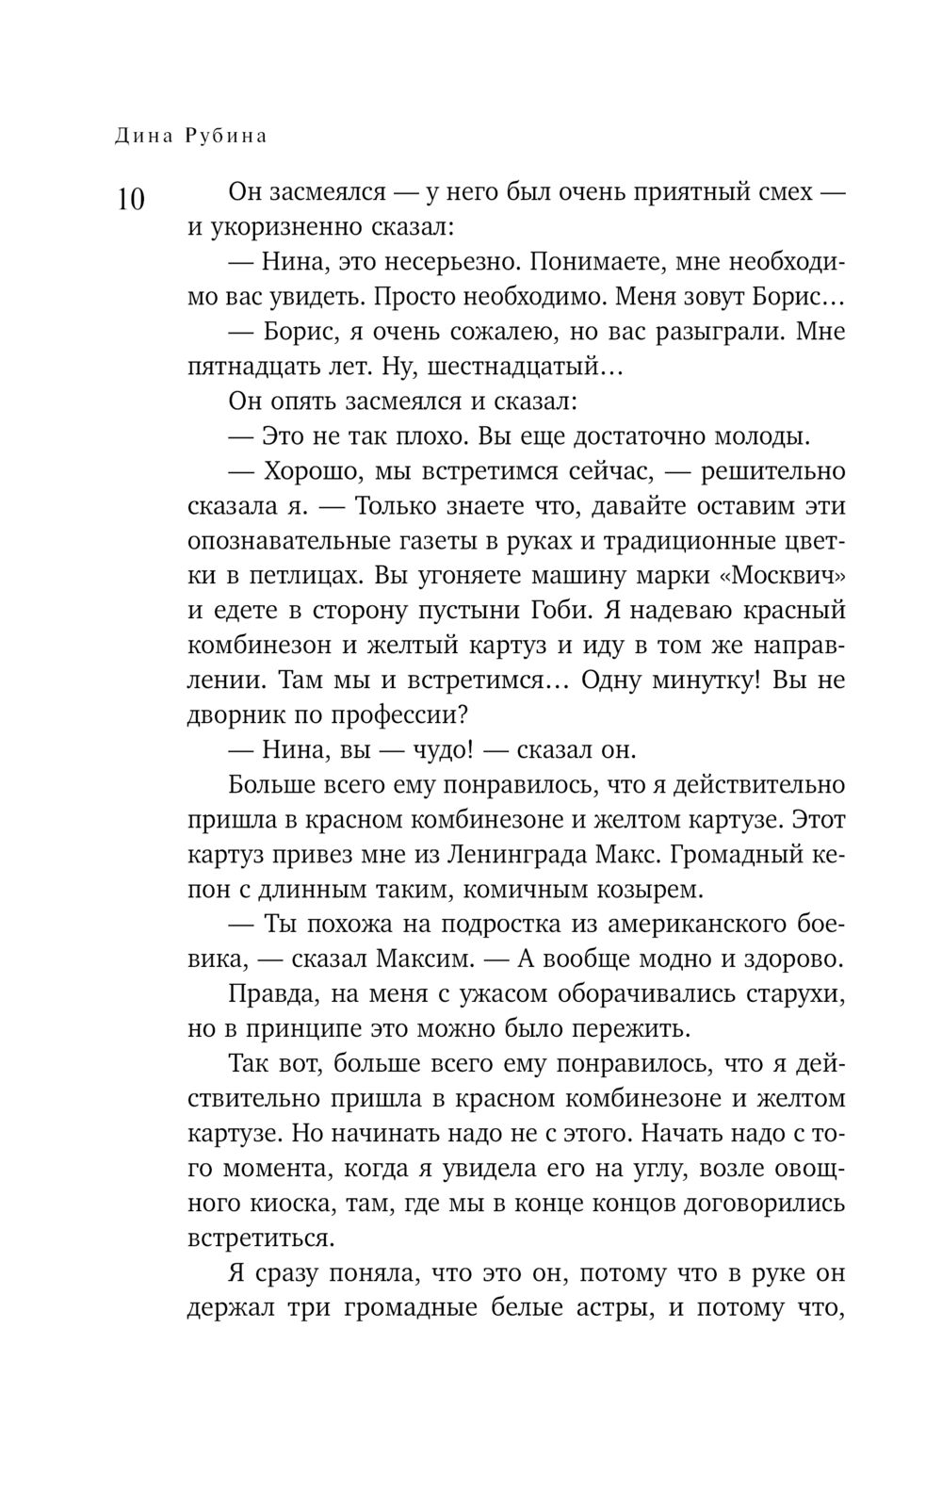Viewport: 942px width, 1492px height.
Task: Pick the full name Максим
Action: (x=430, y=959)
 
